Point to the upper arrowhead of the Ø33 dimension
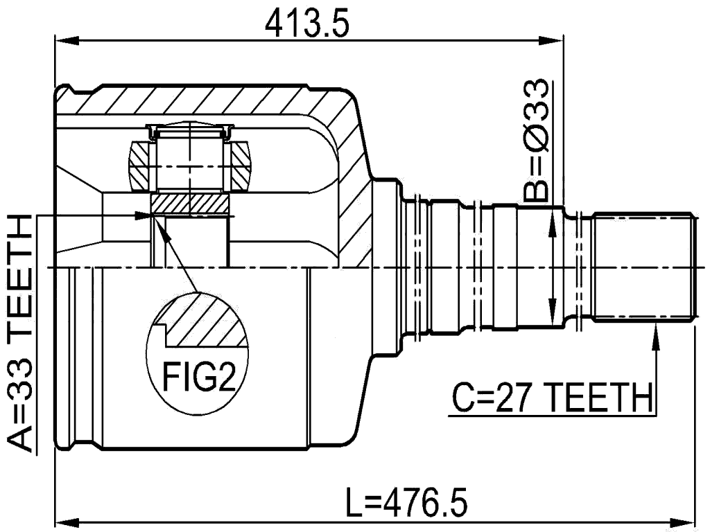[x=553, y=218]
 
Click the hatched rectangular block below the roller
[x=189, y=204]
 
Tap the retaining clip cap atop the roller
[x=189, y=129]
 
